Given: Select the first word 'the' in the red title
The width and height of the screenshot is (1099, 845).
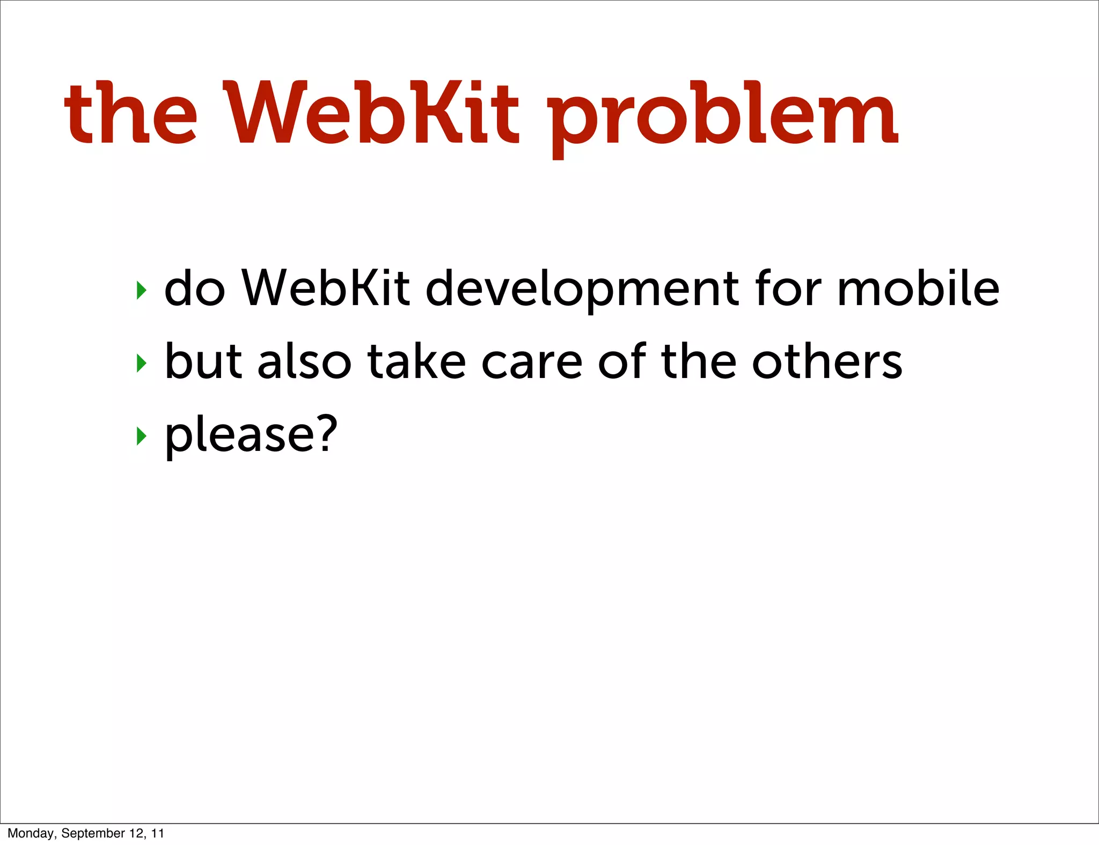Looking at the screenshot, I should [x=131, y=114].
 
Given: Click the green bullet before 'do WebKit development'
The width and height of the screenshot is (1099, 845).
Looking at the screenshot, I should [x=141, y=291].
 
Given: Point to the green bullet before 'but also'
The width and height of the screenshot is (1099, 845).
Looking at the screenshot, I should [x=141, y=364].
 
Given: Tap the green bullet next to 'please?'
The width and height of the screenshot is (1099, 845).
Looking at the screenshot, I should [x=141, y=436].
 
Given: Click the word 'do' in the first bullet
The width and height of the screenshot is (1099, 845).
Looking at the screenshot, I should [x=194, y=290].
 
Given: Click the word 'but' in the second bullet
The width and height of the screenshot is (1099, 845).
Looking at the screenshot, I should [x=203, y=361].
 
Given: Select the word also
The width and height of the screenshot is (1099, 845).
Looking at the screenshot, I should [x=304, y=361].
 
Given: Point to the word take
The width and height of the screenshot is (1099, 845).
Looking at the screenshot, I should [x=416, y=361].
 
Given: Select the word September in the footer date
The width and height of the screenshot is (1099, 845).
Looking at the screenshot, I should [x=93, y=833].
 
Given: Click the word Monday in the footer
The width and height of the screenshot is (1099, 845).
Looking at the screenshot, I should [x=32, y=833].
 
